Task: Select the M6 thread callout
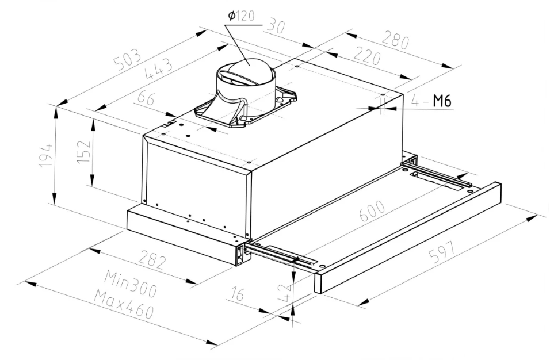coord(441,102)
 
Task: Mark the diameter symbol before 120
coord(231,17)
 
